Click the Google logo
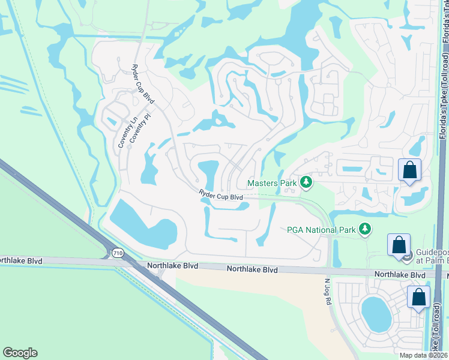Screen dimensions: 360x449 (x=20, y=353)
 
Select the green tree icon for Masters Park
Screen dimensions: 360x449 (x=306, y=182)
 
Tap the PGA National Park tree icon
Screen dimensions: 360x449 (x=364, y=229)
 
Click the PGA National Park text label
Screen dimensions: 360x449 (x=321, y=229)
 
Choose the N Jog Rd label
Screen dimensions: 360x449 (x=328, y=292)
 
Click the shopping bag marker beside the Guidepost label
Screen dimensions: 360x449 (x=399, y=245)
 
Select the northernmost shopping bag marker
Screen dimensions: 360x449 (x=409, y=170)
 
